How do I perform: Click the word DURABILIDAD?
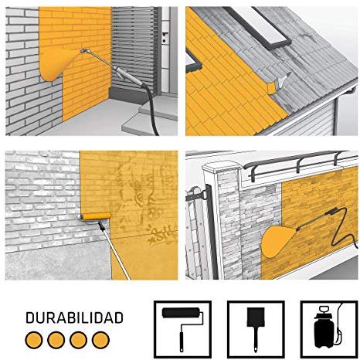(x=74, y=318)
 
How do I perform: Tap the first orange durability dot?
(x=34, y=340)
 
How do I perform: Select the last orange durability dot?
(x=100, y=340)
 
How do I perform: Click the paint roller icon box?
(x=182, y=329)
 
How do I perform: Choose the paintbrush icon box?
(x=256, y=329)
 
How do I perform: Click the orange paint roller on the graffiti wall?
(x=96, y=216)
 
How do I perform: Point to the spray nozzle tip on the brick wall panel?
(x=83, y=51)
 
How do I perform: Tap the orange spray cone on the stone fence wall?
(x=278, y=242)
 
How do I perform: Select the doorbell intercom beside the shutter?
(x=165, y=36)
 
